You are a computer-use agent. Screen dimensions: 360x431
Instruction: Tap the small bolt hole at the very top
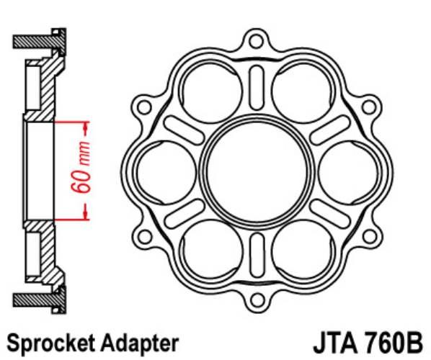tap(257, 41)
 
